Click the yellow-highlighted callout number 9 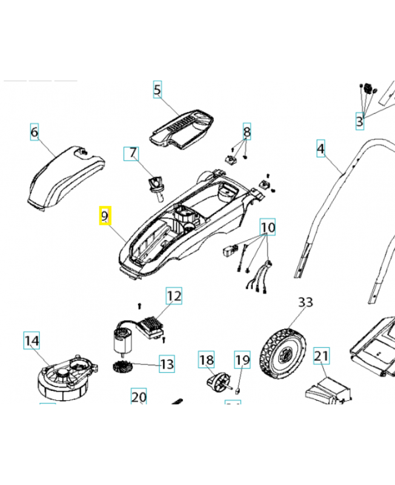(x=105, y=215)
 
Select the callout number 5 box (x=158, y=90)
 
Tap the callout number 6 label (x=35, y=132)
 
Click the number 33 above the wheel (x=305, y=302)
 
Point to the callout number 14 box (x=32, y=341)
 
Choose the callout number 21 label (x=321, y=356)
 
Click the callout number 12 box (x=174, y=296)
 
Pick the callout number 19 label (x=242, y=360)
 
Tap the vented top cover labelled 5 (x=182, y=129)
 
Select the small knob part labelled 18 (x=216, y=383)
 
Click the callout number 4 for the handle (x=321, y=148)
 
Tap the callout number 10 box (x=268, y=227)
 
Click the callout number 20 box (x=139, y=397)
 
